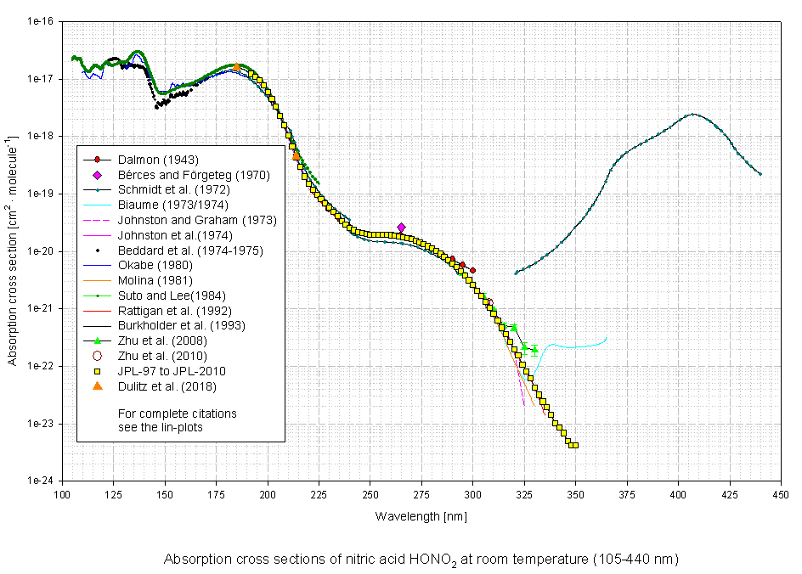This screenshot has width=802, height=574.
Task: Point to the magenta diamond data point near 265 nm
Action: [401, 228]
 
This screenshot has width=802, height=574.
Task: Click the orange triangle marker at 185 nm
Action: [236, 67]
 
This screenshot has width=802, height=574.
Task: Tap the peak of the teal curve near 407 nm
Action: [693, 114]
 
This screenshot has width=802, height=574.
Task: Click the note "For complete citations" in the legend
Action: [177, 414]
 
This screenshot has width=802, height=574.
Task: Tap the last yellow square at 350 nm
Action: [575, 445]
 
